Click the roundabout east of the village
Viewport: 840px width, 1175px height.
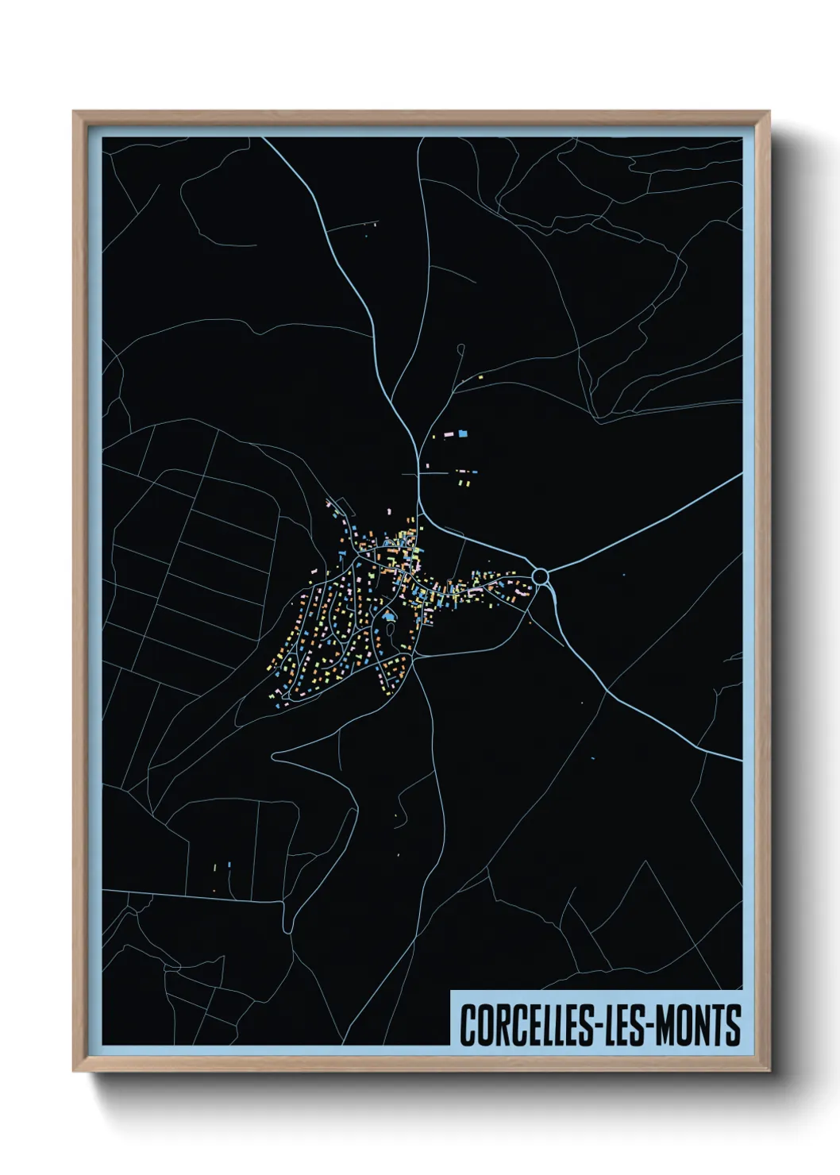[x=541, y=575]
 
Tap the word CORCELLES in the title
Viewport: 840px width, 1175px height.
[x=523, y=1025]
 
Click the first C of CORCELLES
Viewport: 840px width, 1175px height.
[x=468, y=1025]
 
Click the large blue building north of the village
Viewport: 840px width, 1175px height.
[x=463, y=433]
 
